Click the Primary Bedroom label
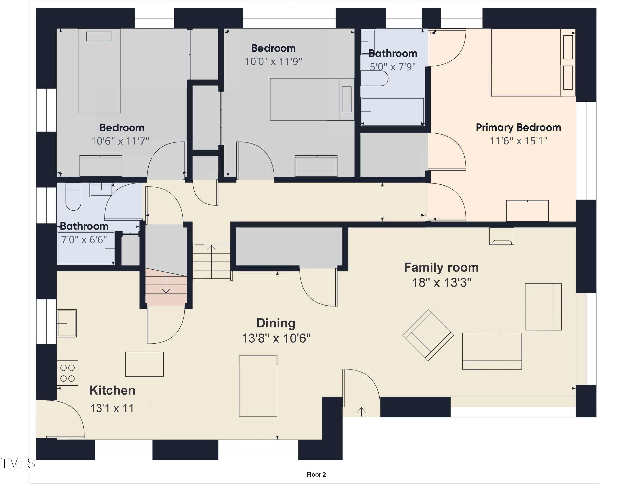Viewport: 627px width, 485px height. (x=518, y=128)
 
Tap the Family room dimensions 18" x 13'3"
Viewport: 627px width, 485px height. (x=442, y=282)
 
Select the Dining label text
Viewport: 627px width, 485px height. (x=276, y=323)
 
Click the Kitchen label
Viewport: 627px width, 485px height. (x=112, y=390)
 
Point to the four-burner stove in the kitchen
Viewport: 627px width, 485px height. (x=68, y=373)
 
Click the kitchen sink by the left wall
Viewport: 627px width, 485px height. (x=67, y=323)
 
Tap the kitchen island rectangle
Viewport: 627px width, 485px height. (x=144, y=364)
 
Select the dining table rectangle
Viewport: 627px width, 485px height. (x=258, y=386)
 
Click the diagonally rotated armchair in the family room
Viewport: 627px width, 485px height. (x=428, y=335)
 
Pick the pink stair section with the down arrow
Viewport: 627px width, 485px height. (x=166, y=286)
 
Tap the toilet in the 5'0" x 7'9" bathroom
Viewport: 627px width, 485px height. (x=374, y=78)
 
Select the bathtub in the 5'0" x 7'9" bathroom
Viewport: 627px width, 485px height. (x=393, y=112)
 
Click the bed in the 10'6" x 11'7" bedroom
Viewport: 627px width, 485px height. (x=99, y=71)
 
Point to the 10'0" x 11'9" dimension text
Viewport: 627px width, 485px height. (x=273, y=62)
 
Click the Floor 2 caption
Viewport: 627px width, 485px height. (x=316, y=474)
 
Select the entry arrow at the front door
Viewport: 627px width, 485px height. (x=361, y=412)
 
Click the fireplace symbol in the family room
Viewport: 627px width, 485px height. (x=502, y=236)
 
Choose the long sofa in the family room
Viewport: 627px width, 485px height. (x=492, y=351)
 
